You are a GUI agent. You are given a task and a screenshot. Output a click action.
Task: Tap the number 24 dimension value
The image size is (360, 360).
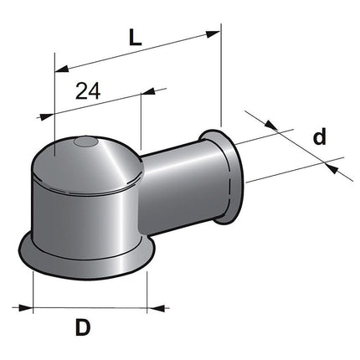tap(88, 91)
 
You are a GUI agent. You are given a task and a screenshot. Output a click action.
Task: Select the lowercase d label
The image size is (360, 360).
tap(319, 136)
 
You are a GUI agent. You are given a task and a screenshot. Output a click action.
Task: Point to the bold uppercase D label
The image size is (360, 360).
tap(82, 327)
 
